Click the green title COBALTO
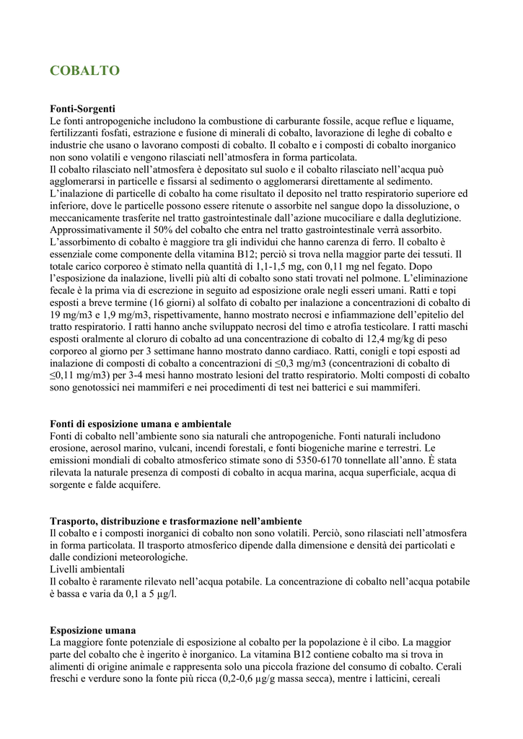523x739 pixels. tap(84, 71)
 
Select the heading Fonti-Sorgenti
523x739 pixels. tap(83, 108)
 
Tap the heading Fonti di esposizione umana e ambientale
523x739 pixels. tap(141, 424)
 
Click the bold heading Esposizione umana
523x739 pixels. tap(93, 630)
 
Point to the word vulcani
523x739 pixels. tap(164, 448)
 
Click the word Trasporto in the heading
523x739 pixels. tap(73, 521)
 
